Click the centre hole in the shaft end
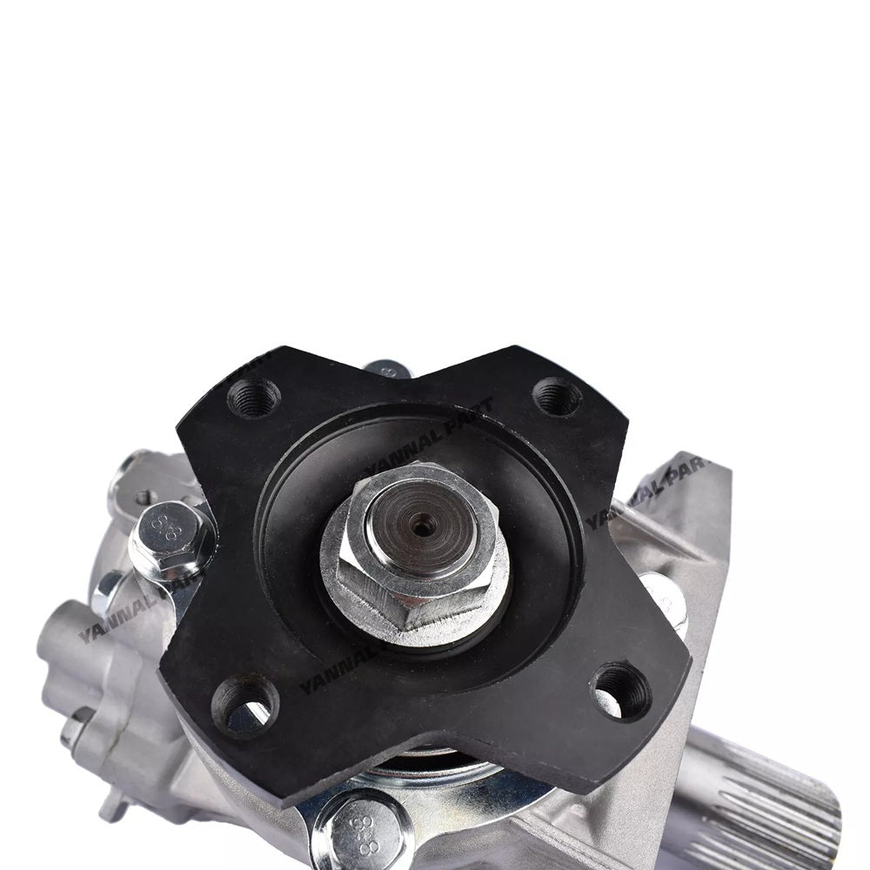click(423, 525)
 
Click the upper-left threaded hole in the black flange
click(254, 398)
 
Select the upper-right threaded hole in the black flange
click(557, 397)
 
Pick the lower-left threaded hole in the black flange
click(244, 704)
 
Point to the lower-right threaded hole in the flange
click(621, 691)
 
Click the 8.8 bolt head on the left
click(170, 536)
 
